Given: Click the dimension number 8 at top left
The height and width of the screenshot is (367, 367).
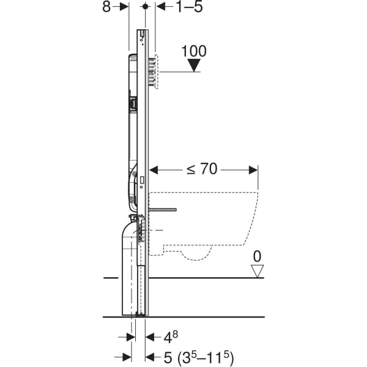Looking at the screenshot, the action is [x=106, y=7].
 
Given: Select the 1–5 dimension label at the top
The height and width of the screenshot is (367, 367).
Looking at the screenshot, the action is [x=189, y=7].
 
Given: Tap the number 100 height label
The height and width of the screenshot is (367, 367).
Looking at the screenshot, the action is [x=194, y=51].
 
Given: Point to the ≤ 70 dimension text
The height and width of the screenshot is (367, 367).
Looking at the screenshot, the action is [x=202, y=169].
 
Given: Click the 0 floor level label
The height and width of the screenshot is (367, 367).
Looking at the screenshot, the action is [x=257, y=256].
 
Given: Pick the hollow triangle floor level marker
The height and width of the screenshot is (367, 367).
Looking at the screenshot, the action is [x=258, y=271].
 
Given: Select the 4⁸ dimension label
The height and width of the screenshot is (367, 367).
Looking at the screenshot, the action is [x=171, y=337].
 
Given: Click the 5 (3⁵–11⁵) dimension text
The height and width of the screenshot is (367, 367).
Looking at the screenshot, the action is [x=199, y=357].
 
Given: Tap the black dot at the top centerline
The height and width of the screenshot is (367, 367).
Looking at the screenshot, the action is [x=146, y=7].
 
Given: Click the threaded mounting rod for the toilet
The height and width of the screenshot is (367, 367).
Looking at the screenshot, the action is [x=163, y=209].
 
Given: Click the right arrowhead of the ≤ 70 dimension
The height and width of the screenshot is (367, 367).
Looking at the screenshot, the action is [x=253, y=170].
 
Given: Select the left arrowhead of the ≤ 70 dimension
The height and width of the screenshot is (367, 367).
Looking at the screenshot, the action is [x=154, y=170].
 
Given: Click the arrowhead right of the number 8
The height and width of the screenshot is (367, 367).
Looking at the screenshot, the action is [x=124, y=7].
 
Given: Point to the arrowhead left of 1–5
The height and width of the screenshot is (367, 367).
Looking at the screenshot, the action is [x=160, y=7].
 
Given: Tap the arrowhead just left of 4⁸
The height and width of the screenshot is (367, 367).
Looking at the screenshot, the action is [x=150, y=337].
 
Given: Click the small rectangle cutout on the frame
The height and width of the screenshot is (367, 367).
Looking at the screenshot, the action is [x=142, y=179].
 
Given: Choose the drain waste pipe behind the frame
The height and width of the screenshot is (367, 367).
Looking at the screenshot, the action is [x=130, y=267].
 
